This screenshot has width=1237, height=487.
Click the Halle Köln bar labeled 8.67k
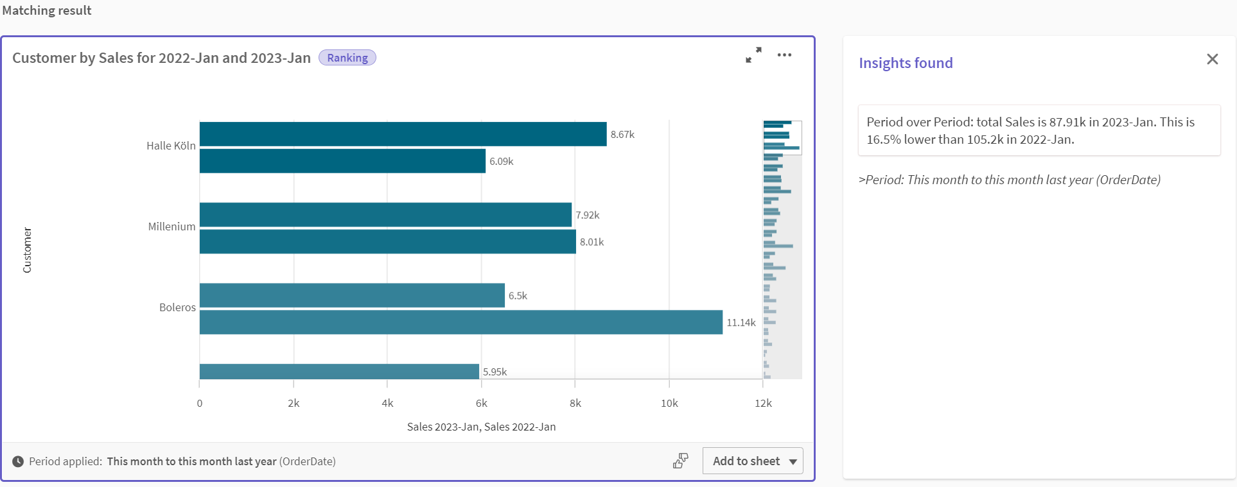pyautogui.click(x=403, y=134)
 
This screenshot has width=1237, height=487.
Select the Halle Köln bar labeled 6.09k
pyautogui.click(x=342, y=161)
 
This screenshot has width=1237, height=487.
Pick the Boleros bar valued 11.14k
pyautogui.click(x=461, y=322)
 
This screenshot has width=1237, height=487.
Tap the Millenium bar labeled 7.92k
pyautogui.click(x=385, y=215)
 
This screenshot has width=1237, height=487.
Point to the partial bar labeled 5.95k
pyautogui.click(x=339, y=372)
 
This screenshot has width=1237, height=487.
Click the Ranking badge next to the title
pyautogui.click(x=347, y=58)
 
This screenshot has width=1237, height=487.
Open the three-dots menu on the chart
pyautogui.click(x=784, y=55)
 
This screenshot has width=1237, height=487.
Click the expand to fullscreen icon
pyautogui.click(x=753, y=55)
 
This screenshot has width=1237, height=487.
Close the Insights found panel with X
pyautogui.click(x=1212, y=59)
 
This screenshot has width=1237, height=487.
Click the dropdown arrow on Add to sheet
pyautogui.click(x=793, y=461)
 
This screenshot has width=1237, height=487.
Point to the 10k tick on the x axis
pyautogui.click(x=669, y=403)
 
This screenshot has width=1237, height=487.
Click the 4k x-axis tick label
pyautogui.click(x=387, y=403)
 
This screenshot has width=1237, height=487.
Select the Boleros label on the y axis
pyautogui.click(x=177, y=307)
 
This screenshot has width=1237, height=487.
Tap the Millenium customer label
pyautogui.click(x=171, y=226)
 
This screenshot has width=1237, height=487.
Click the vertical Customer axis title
pyautogui.click(x=27, y=250)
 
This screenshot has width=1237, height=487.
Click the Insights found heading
pyautogui.click(x=906, y=63)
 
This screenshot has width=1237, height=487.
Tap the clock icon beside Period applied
pyautogui.click(x=18, y=461)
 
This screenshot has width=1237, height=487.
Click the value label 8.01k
pyautogui.click(x=592, y=242)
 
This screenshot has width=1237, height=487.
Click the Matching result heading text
pyautogui.click(x=47, y=10)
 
